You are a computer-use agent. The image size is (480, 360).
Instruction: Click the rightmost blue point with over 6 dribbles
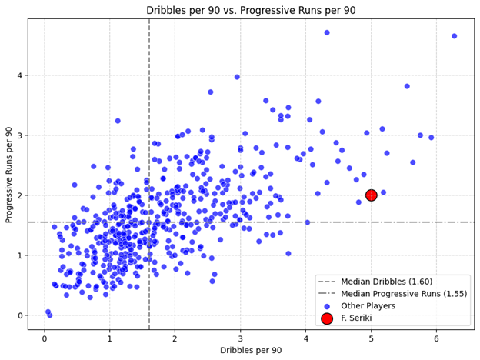454,36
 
